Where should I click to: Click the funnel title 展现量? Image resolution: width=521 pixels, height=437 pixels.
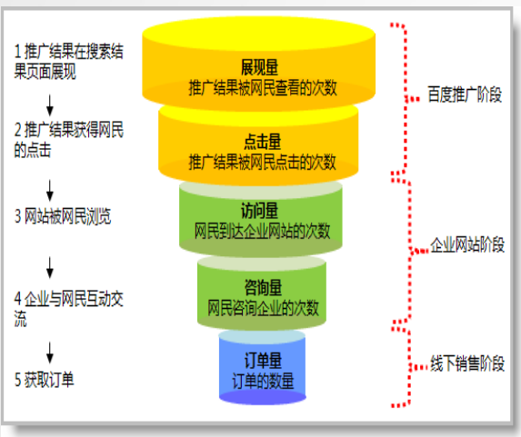point(259,67)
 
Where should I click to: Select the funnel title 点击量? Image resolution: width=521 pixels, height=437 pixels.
point(263,142)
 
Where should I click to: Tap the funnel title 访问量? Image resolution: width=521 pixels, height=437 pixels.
point(259,211)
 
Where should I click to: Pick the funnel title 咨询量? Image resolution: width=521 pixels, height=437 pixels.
point(263,287)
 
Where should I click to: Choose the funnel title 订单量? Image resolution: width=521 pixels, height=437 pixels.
point(263,361)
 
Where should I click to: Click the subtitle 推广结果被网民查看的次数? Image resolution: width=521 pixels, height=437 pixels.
point(263,88)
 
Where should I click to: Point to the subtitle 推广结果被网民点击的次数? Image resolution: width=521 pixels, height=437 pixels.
point(263,163)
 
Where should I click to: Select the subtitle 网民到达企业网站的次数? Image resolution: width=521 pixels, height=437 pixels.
point(262,232)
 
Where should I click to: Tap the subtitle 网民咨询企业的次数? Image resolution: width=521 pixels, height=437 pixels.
point(263,308)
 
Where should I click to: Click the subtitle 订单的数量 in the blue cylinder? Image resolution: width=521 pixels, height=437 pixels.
point(263,381)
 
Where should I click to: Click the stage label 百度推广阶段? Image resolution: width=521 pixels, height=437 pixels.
point(465,94)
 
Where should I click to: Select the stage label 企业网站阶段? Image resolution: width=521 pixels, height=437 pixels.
point(467,245)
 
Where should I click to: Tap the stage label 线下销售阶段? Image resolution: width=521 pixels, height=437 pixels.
point(467,363)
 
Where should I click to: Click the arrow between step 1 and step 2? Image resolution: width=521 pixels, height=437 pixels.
point(50,105)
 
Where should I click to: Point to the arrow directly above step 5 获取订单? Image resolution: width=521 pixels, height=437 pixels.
point(50,353)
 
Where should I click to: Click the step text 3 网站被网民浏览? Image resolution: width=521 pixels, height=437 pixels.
point(63,216)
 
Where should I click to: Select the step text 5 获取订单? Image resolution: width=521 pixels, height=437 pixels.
point(44,380)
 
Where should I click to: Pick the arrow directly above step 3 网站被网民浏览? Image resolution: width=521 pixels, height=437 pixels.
point(50,191)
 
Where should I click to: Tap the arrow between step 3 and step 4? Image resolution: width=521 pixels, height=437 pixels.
point(50,267)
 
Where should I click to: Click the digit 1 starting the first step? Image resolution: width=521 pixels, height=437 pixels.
point(18,52)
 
